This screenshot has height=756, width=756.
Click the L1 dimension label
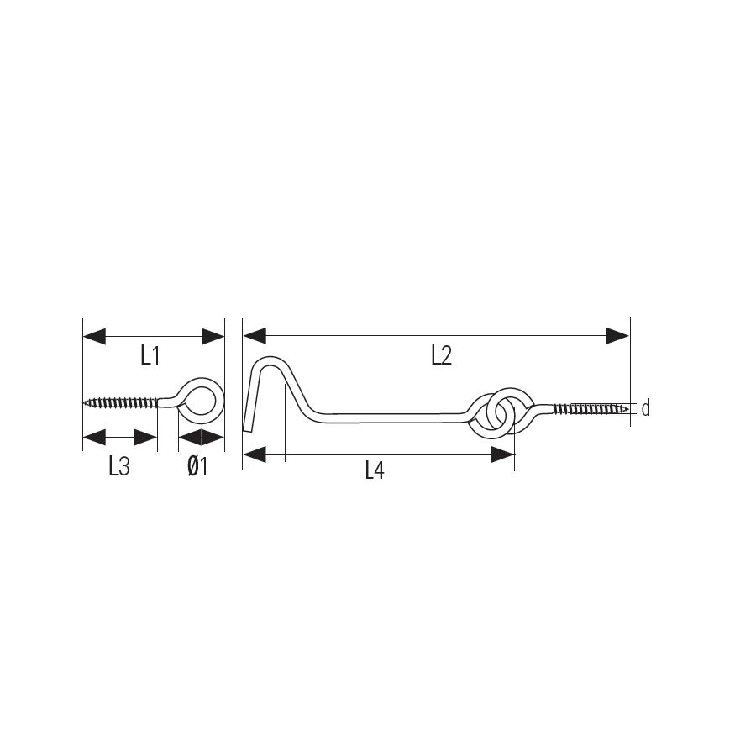pos(150,356)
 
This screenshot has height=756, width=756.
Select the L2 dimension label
pos(442,356)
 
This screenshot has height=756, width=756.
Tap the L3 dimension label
pos(119,467)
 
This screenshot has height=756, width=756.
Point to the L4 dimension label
pos(375,470)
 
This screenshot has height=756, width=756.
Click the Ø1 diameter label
pos(197,467)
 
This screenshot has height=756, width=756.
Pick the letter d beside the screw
pos(646,409)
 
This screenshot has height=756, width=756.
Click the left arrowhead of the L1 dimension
pos(94,337)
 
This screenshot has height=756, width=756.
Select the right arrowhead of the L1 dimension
pos(213,337)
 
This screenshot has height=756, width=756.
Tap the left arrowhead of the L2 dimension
pos(254,335)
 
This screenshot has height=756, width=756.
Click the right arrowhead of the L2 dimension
pos(617,335)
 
